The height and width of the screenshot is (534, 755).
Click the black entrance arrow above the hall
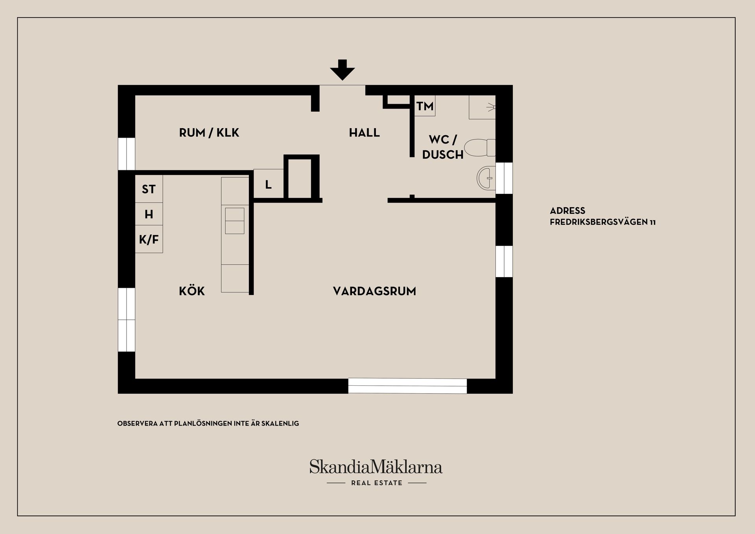(x=343, y=70)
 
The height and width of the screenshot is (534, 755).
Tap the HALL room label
(x=364, y=133)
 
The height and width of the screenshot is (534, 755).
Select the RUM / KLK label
(x=209, y=133)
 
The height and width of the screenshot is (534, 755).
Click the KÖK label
(x=192, y=291)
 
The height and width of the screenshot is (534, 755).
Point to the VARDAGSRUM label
(x=374, y=291)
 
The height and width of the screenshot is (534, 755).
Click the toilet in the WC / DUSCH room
(x=480, y=148)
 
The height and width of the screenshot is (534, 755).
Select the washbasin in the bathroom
(x=486, y=178)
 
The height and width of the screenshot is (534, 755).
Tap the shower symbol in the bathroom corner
(x=482, y=107)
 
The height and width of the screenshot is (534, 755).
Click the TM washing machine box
(x=425, y=106)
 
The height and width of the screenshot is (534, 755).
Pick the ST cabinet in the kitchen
(x=149, y=189)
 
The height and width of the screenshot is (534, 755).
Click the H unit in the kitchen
(x=149, y=214)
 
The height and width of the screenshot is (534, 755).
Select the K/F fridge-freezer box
(x=149, y=239)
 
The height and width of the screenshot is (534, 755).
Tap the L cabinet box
(x=268, y=184)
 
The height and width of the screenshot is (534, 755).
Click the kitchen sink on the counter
(x=235, y=221)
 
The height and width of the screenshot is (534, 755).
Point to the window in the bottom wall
(x=407, y=386)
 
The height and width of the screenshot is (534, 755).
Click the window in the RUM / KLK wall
(x=127, y=154)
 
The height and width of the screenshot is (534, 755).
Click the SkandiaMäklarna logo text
(x=376, y=467)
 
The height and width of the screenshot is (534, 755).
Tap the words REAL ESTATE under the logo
(x=377, y=483)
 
